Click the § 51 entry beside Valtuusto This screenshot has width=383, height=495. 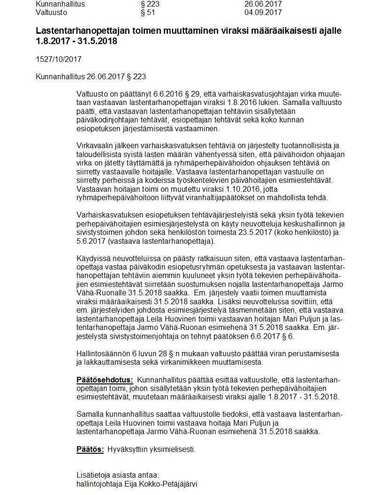point(148,13)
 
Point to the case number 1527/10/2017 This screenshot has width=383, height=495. point(59,60)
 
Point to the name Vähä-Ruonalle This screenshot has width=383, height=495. point(99,293)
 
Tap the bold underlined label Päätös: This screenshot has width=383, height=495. point(90,450)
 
